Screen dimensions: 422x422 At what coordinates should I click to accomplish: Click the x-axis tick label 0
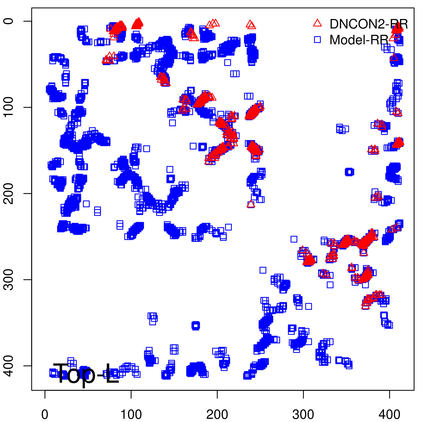(45, 415)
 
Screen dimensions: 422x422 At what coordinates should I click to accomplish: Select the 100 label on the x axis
(131, 415)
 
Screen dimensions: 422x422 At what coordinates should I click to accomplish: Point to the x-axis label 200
(217, 415)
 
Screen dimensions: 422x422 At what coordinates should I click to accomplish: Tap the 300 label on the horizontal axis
(303, 415)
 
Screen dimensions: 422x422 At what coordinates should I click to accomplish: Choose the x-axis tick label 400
(389, 415)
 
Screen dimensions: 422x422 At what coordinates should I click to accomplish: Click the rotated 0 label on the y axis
(9, 21)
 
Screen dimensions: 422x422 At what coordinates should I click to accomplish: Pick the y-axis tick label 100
(9, 107)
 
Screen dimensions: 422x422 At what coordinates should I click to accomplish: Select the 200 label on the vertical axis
(9, 193)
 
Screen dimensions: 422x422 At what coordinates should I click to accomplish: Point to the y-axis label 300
(9, 280)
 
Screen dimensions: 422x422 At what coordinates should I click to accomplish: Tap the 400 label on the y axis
(9, 366)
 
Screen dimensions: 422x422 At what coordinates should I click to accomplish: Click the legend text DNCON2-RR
(369, 24)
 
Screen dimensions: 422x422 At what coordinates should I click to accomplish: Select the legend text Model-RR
(359, 40)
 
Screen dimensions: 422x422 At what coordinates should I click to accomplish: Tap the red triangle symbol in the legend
(317, 23)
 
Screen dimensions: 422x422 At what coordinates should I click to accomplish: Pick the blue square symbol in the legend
(317, 40)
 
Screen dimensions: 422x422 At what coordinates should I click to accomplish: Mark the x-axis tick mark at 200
(217, 394)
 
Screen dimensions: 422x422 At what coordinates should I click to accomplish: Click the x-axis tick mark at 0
(45, 394)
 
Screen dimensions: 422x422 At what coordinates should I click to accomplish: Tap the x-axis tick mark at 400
(389, 394)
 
